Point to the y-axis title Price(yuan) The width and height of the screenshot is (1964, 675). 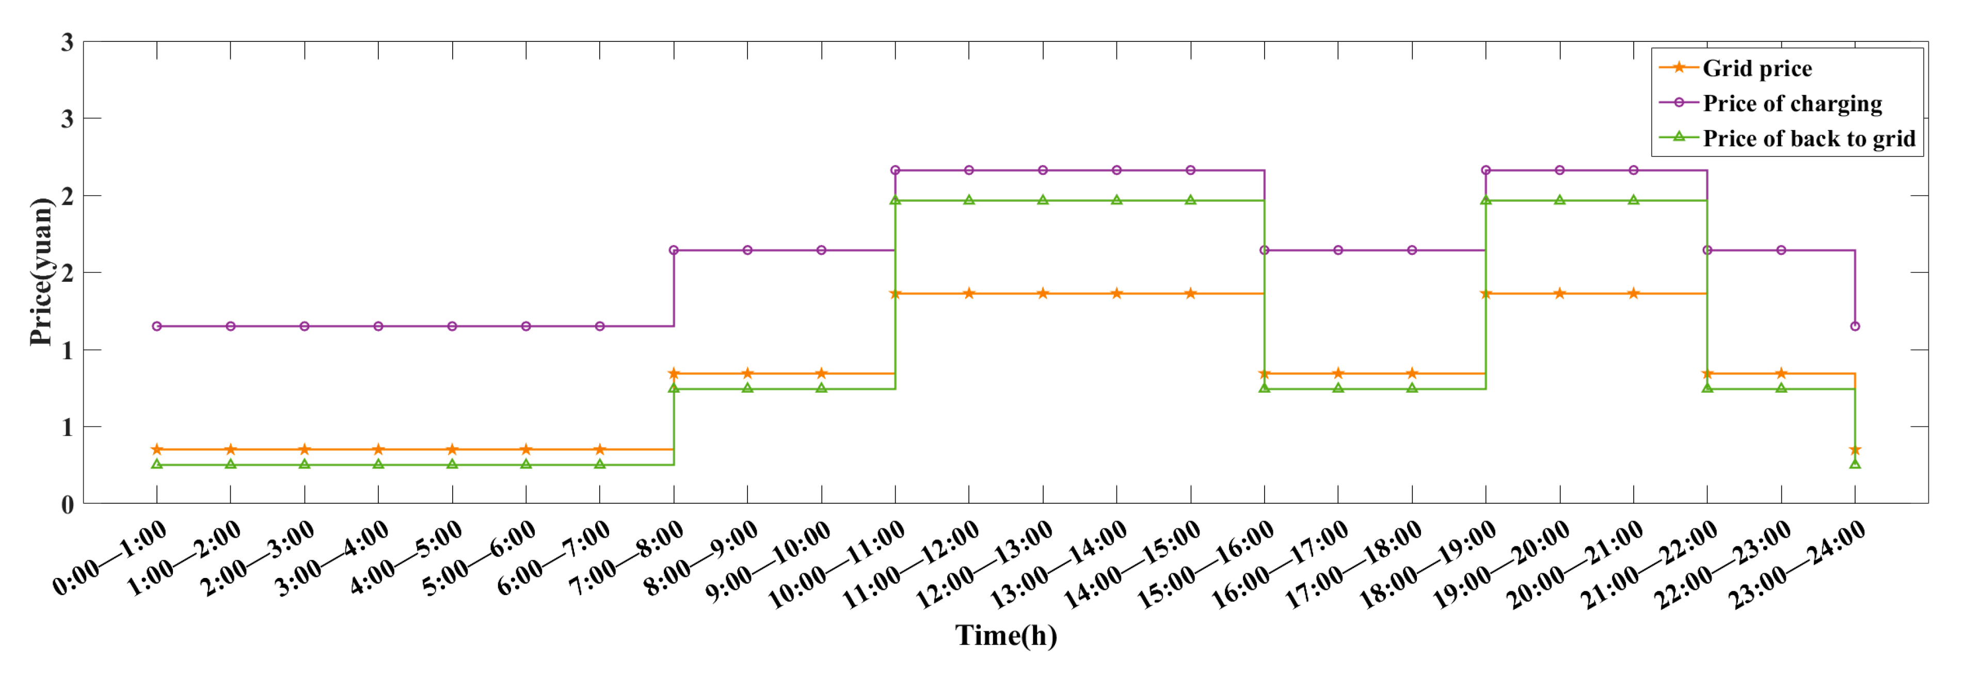point(41,271)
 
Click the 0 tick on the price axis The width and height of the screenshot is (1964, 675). point(67,504)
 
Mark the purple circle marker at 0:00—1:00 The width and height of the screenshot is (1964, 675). point(157,326)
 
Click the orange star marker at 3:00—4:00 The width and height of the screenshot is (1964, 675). point(378,449)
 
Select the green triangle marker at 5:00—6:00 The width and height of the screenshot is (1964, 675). point(526,464)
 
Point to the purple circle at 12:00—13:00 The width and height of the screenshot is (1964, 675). point(1043,170)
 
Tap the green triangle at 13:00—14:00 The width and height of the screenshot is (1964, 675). point(1117,200)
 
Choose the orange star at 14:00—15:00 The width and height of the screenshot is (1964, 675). point(1191,293)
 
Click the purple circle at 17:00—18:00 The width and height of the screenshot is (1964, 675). point(1412,250)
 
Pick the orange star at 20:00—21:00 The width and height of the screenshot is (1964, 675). point(1634,293)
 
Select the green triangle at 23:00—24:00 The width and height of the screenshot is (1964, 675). point(1855,464)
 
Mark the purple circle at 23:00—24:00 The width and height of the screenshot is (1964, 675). point(1855,326)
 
